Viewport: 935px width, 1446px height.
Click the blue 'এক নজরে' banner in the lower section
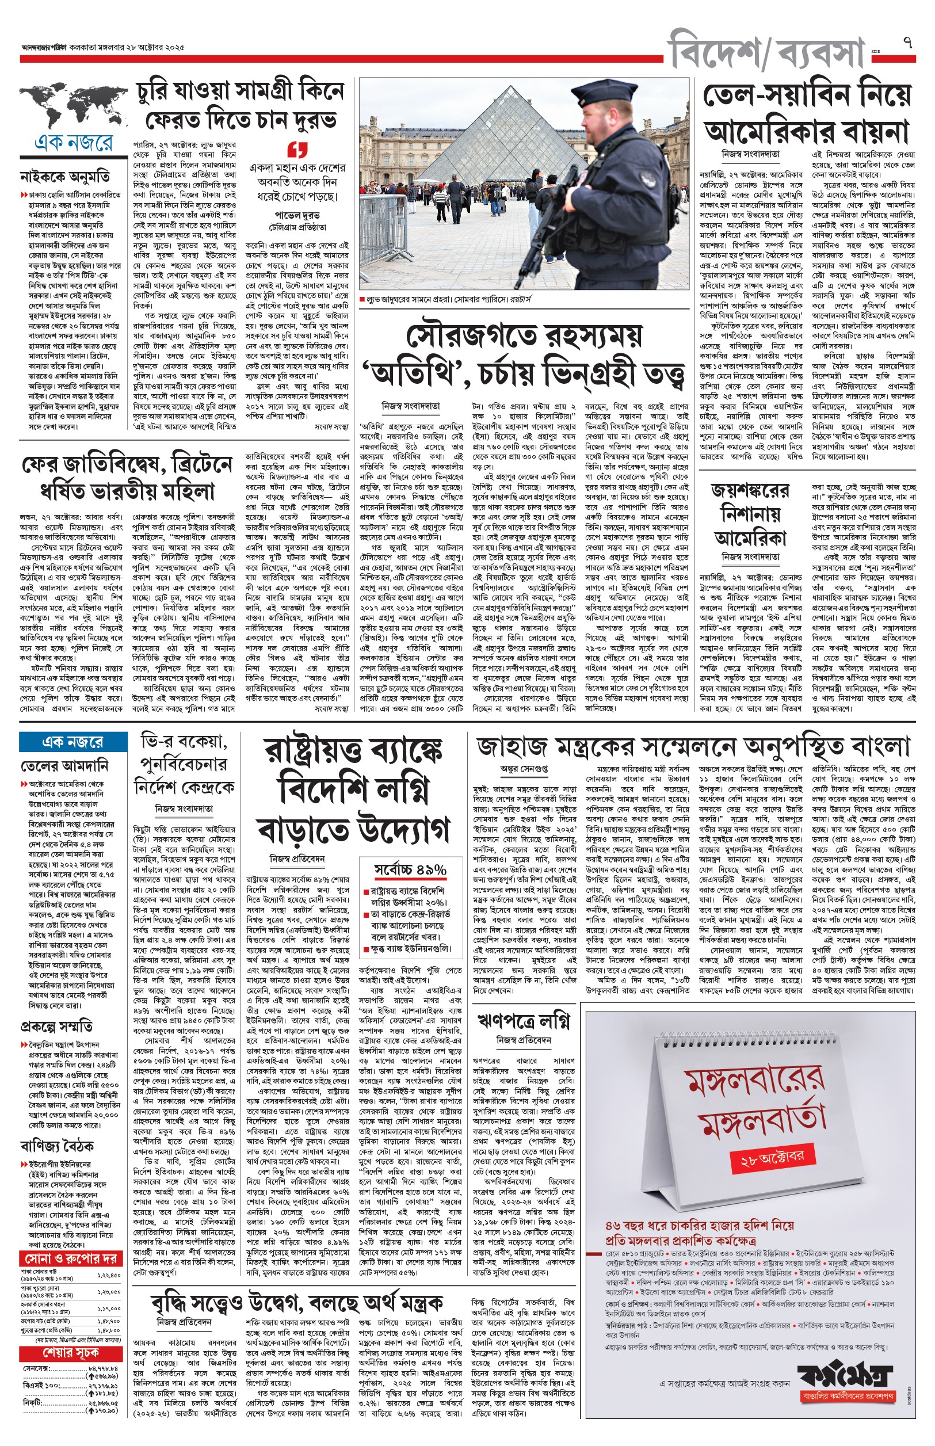[x=73, y=742]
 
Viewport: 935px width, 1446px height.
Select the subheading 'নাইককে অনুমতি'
[x=65, y=177]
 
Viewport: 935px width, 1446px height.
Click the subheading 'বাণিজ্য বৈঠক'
[x=57, y=1146]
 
